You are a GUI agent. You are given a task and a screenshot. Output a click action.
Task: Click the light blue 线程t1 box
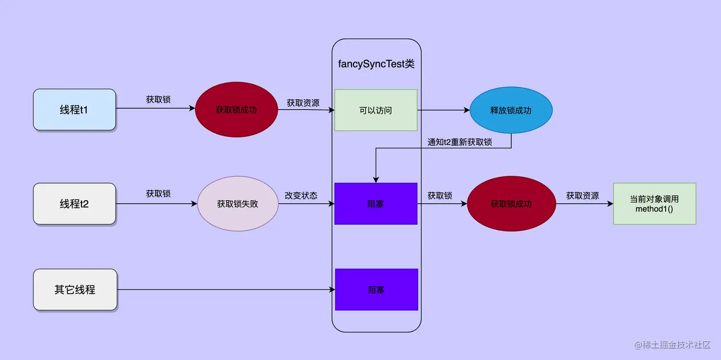tap(74, 110)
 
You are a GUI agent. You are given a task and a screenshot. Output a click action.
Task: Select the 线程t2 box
tap(74, 204)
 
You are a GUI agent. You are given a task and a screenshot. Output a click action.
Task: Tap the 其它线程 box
tap(75, 289)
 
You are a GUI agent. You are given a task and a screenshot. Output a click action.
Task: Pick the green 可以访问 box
tap(376, 110)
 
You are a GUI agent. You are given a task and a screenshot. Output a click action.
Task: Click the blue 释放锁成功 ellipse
tap(511, 110)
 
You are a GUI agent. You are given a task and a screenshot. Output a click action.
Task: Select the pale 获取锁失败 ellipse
tap(237, 204)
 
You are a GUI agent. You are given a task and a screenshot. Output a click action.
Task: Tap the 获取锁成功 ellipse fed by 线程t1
tap(236, 110)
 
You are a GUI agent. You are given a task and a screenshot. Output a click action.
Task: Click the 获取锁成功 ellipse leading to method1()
tap(511, 204)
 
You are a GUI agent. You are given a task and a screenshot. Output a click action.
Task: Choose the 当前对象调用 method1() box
tap(654, 204)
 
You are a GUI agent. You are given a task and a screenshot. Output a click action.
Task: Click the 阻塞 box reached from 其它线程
tap(376, 289)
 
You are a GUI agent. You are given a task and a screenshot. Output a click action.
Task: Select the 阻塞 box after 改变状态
tap(376, 204)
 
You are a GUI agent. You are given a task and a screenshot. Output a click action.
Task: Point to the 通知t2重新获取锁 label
tap(460, 142)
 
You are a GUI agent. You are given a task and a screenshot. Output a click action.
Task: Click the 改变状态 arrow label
tap(301, 195)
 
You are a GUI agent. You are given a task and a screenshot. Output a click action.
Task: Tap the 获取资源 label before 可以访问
tap(303, 103)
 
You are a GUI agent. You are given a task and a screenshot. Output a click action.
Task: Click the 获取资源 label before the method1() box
tap(583, 195)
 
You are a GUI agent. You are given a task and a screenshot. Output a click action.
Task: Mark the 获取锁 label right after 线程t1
tap(158, 100)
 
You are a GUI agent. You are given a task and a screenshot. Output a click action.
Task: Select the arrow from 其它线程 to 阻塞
tap(224, 289)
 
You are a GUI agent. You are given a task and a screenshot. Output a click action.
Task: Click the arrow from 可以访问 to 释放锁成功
tap(443, 110)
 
